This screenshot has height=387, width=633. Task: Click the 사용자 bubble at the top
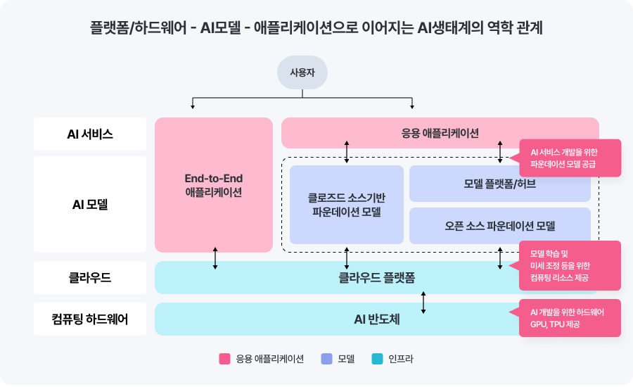[302, 72]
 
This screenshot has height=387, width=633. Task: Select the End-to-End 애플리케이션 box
[213, 185]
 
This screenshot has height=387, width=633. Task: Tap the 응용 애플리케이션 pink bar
[440, 133]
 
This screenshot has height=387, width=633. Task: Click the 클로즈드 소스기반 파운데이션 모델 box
[347, 205]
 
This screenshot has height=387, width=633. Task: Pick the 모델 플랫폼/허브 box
[499, 184]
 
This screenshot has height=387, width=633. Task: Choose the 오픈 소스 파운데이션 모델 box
[499, 226]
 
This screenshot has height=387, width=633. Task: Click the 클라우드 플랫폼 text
[376, 278]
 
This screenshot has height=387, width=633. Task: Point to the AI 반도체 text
[376, 319]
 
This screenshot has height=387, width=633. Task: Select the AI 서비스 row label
[90, 134]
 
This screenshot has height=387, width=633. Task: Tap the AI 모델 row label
[90, 205]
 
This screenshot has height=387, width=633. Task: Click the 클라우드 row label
[90, 278]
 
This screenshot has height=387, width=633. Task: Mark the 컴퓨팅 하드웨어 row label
[90, 319]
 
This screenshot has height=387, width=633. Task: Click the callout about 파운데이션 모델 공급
[570, 158]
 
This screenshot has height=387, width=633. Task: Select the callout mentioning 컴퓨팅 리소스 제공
[570, 265]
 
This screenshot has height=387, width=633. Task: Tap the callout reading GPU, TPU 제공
[570, 319]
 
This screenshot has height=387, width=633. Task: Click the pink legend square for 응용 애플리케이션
[225, 359]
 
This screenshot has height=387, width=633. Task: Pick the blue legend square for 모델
[326, 359]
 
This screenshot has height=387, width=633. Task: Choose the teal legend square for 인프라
[378, 359]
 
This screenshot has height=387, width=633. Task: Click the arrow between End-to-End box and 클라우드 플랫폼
[215, 258]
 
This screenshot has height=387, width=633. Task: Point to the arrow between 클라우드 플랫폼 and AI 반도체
[423, 303]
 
